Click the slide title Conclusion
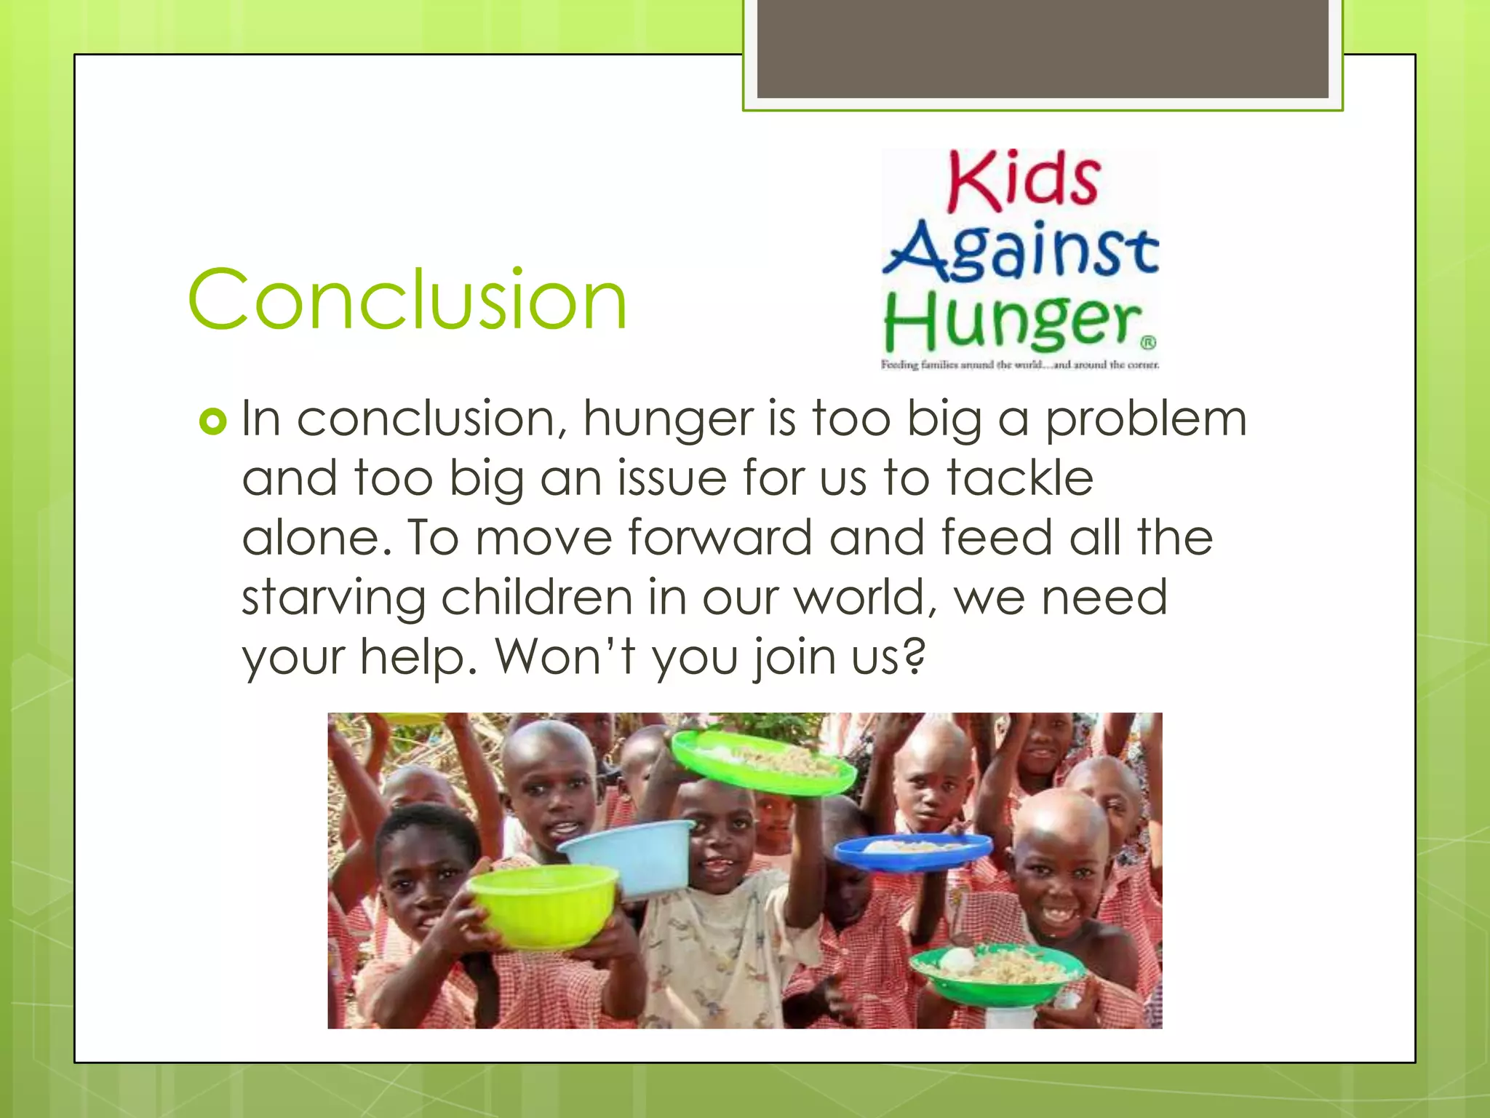(407, 300)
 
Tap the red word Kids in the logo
(1023, 181)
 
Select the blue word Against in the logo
(1021, 250)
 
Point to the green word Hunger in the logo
(1012, 322)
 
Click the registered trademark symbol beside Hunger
(1147, 342)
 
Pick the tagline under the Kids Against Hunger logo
(1019, 365)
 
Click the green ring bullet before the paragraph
(212, 421)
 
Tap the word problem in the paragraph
(1146, 420)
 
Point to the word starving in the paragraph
(333, 598)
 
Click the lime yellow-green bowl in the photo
(543, 907)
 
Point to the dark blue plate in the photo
(912, 850)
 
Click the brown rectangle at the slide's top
(1043, 49)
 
